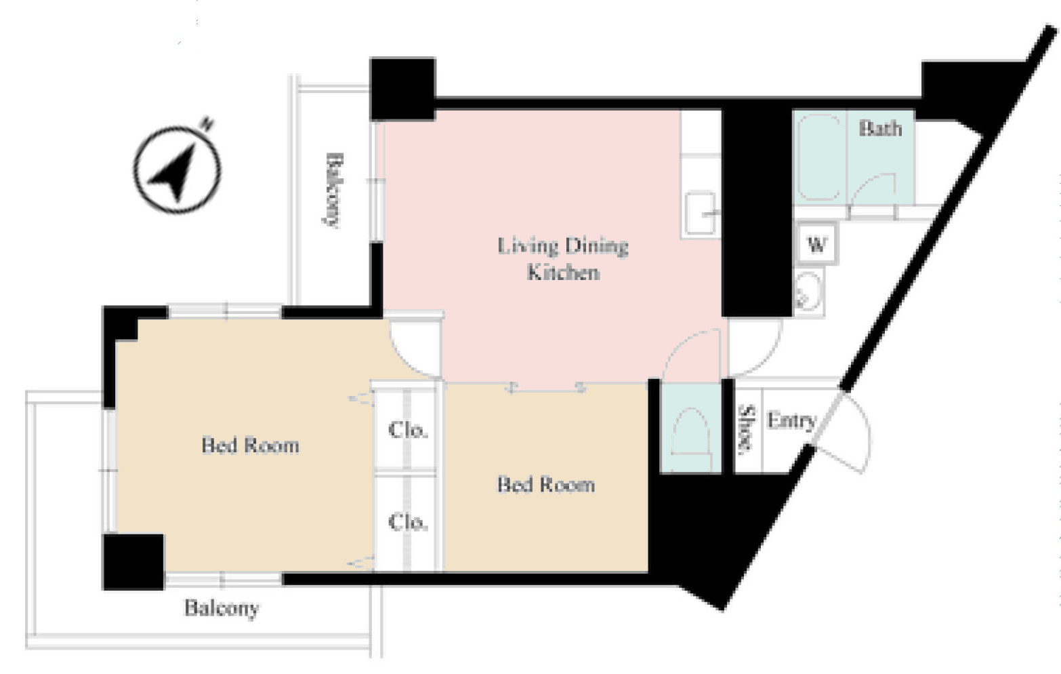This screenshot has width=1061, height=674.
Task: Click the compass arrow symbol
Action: (177, 169)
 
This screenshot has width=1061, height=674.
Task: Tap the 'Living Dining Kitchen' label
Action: (563, 259)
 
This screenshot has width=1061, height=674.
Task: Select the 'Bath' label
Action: (881, 128)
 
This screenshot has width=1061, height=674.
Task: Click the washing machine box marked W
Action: (816, 245)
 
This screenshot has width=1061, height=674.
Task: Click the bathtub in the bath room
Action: (819, 157)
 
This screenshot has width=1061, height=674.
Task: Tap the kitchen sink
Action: (701, 213)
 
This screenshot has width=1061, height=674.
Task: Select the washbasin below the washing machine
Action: (808, 291)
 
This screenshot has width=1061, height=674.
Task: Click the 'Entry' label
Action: (791, 420)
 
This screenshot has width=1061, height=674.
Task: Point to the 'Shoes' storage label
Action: (746, 429)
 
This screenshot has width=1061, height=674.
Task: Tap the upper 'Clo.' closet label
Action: (408, 430)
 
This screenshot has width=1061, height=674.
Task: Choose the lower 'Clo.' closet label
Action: (408, 522)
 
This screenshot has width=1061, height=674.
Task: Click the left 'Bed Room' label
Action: (250, 445)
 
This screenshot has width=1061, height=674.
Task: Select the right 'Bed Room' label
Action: (545, 484)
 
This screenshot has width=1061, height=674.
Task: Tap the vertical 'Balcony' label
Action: (333, 191)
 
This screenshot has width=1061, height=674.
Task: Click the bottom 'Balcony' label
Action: (222, 608)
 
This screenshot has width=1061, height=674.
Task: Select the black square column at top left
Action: (402, 89)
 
